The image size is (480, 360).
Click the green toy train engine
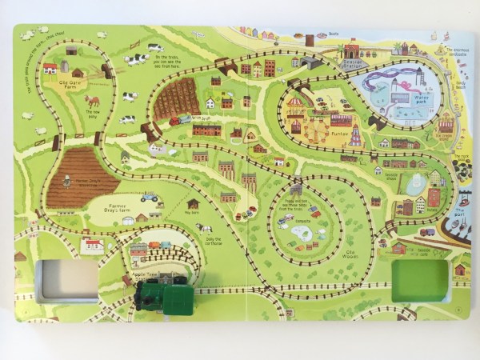(164, 292)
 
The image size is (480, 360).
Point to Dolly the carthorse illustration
(205, 228)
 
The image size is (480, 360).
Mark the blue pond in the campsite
(302, 232)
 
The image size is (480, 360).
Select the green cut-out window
(420, 280)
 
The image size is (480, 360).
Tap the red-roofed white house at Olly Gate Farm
(50, 68)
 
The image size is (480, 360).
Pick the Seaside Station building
(352, 52)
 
